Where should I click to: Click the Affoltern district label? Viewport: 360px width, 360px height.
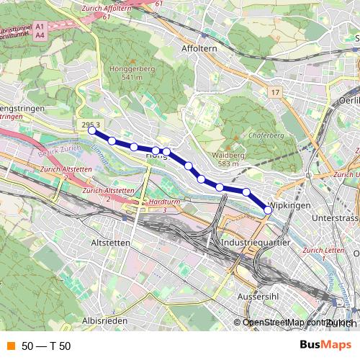click(x=199, y=49)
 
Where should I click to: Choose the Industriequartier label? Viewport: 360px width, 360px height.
click(x=255, y=244)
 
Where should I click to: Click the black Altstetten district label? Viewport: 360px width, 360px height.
click(x=111, y=243)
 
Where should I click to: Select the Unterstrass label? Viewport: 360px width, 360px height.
click(x=336, y=217)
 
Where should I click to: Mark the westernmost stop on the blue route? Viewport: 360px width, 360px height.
click(x=91, y=130)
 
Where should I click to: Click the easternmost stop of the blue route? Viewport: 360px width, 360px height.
click(x=269, y=210)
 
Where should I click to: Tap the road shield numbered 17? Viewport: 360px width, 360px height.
click(x=275, y=93)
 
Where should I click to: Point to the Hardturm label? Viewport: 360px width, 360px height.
click(x=163, y=203)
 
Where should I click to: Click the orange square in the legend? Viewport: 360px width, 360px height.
click(x=10, y=346)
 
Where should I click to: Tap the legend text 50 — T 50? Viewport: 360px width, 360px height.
click(x=46, y=346)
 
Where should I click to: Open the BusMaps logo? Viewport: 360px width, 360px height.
click(x=325, y=345)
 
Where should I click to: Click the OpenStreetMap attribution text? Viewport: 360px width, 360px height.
click(x=276, y=323)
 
